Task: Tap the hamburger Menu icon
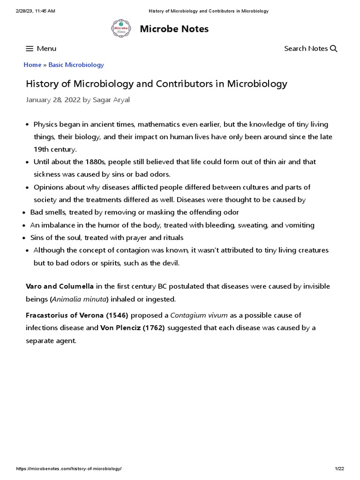click(30, 49)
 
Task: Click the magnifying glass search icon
click(334, 49)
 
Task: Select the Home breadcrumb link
click(32, 65)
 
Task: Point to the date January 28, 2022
click(52, 99)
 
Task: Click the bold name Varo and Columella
click(60, 286)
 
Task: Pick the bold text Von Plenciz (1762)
click(133, 328)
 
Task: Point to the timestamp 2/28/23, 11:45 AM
click(35, 11)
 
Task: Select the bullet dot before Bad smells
click(24, 213)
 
